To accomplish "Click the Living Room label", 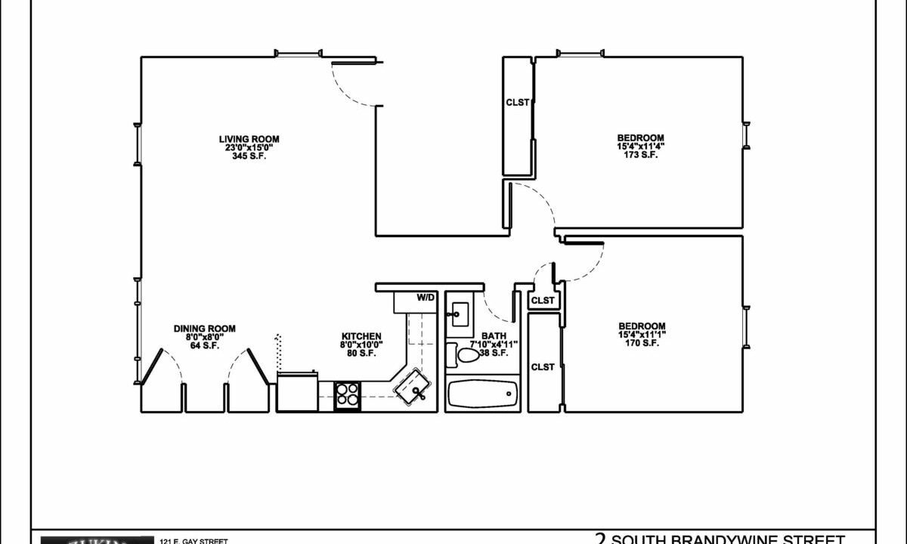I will [249, 139].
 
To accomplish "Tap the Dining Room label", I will [204, 329].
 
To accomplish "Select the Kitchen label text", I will [361, 336].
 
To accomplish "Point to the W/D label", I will [426, 298].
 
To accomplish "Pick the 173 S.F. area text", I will [640, 155].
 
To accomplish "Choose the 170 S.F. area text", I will [642, 343].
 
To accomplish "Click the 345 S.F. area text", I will [249, 156].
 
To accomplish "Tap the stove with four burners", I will [348, 394].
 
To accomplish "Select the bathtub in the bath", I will [482, 394].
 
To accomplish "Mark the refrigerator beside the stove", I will [297, 392].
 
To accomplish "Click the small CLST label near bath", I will [542, 301].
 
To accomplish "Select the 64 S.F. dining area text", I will [204, 346].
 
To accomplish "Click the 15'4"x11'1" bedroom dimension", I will [642, 334].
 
